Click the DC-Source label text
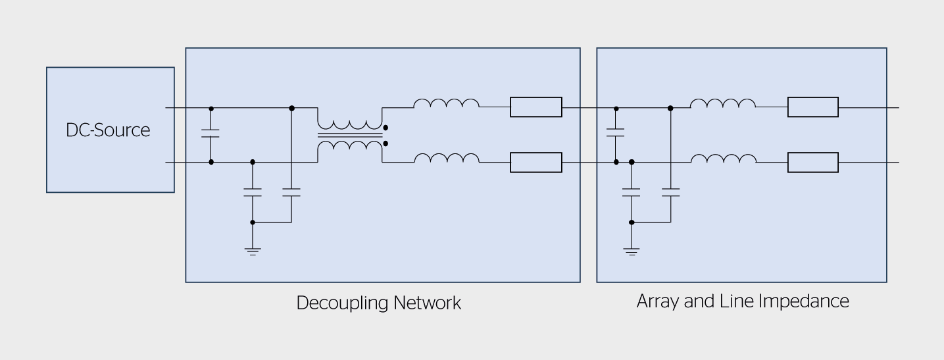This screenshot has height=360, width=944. tap(108, 130)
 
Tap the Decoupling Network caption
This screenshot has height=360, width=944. tap(378, 303)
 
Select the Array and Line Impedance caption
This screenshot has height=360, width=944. tap(743, 301)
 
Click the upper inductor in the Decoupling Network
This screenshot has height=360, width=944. tap(446, 104)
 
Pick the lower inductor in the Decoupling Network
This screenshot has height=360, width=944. tap(446, 159)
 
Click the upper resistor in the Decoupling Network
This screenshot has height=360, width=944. tap(536, 107)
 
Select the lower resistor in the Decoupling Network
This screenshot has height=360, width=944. tap(536, 163)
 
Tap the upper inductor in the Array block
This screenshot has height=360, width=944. tap(722, 104)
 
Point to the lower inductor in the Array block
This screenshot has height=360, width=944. tap(722, 159)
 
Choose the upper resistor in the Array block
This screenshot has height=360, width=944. tap(813, 107)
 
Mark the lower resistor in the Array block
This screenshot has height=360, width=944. tap(813, 163)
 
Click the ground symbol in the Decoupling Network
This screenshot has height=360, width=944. tap(253, 251)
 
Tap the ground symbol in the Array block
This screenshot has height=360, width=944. tap(632, 251)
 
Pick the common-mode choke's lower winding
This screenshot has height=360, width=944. tap(350, 145)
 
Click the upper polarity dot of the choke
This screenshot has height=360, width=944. tap(386, 128)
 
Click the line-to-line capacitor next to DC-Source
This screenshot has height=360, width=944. tap(211, 134)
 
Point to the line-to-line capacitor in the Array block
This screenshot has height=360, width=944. tap(616, 134)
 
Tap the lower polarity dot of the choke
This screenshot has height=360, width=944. tap(386, 143)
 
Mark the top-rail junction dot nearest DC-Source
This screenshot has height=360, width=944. tap(211, 107)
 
